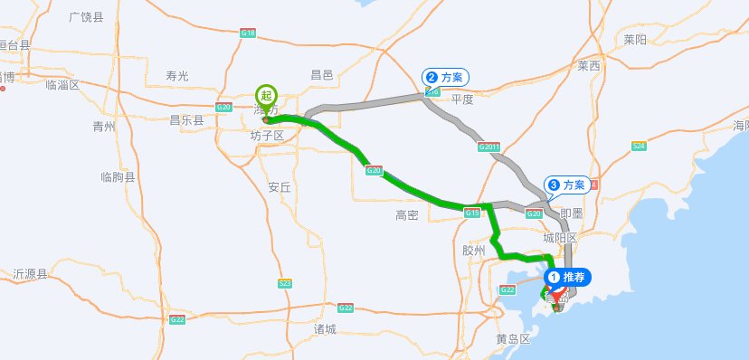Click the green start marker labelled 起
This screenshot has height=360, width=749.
coord(265,95)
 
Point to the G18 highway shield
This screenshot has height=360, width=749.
coord(249,33)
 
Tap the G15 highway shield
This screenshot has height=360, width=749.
coord(471,213)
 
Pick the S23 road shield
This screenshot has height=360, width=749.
coord(285,283)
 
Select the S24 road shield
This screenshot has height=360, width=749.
coord(639,146)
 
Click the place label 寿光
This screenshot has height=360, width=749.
coord(176,76)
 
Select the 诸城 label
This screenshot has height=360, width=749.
coord(325,328)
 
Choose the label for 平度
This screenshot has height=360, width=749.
coord(462,99)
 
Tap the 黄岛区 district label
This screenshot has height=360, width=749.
coord(513,339)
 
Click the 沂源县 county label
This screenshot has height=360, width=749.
coord(30,273)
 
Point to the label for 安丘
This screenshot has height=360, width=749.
coord(280,188)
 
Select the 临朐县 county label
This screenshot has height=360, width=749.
coord(118,177)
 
